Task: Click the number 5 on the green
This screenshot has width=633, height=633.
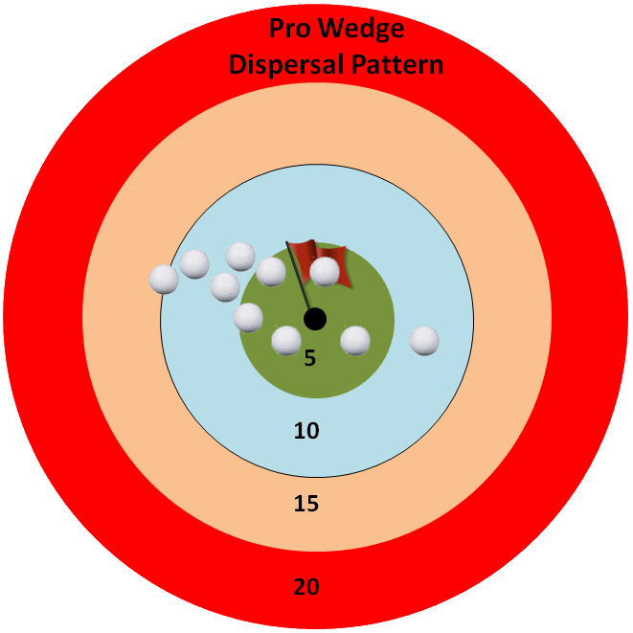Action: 309,358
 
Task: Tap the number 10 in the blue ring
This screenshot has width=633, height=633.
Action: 306,431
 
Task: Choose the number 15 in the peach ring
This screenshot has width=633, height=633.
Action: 306,504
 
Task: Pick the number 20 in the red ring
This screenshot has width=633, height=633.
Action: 306,586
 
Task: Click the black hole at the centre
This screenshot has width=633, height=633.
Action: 315,318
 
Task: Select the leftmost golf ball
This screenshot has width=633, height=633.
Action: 164,279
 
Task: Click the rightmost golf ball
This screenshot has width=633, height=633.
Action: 424,340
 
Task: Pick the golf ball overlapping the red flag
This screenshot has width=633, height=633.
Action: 326,272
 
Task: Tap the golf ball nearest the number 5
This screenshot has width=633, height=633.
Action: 286,340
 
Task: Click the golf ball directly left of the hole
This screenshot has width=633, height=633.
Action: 248,317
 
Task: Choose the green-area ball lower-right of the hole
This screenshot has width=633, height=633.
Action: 355,340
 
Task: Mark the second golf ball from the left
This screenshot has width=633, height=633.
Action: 194,263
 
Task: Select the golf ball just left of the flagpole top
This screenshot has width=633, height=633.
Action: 271,272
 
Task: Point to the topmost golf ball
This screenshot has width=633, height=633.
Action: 240,257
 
